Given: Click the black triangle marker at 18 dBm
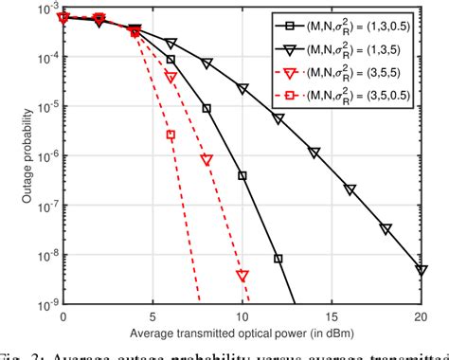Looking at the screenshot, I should pos(386,228).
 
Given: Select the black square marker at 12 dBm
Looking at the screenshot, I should pos(278,258).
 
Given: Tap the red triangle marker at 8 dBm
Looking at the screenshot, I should pos(207,160).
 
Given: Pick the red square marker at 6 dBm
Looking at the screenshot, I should pos(171,135).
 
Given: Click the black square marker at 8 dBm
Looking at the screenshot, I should pos(207,108).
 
